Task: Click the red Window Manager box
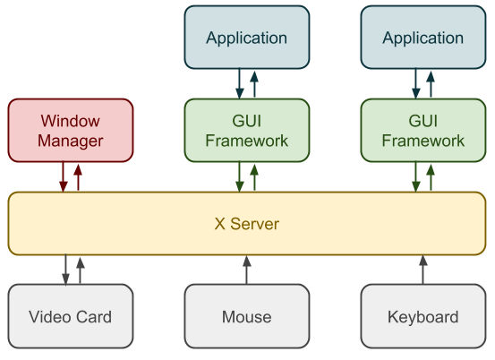(71, 131)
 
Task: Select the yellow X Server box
(247, 223)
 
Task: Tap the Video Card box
(71, 316)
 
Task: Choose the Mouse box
(247, 316)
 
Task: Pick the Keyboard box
(423, 316)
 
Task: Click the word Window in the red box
(71, 121)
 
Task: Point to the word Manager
(71, 141)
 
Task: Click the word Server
(254, 224)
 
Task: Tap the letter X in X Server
(219, 224)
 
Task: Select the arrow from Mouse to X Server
(247, 270)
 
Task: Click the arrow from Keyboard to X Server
(423, 270)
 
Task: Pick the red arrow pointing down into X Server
(64, 176)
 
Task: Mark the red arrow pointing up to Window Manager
(78, 177)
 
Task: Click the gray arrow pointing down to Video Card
(65, 270)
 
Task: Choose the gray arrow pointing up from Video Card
(81, 270)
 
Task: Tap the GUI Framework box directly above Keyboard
(423, 131)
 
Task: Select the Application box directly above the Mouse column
(247, 37)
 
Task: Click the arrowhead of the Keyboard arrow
(423, 261)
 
